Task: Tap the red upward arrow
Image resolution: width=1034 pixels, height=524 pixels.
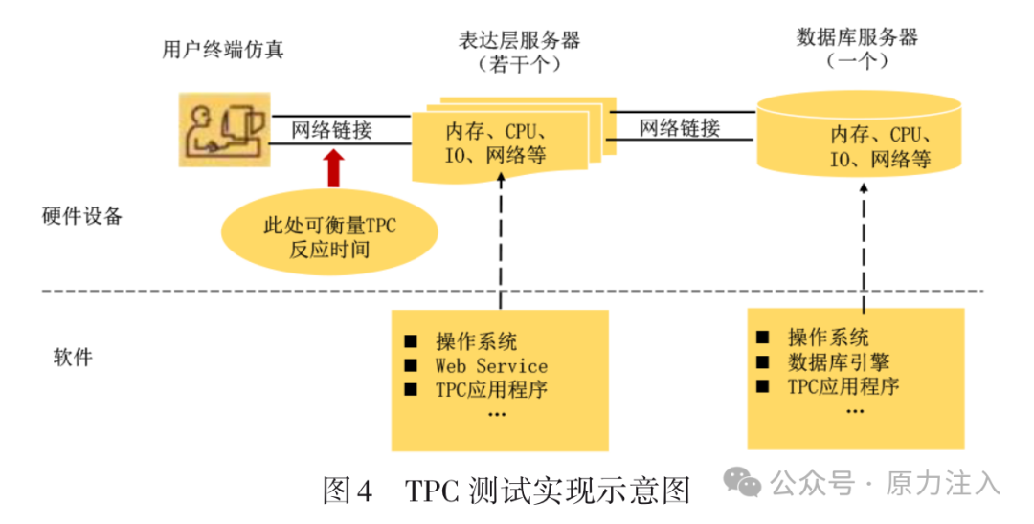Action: tap(333, 168)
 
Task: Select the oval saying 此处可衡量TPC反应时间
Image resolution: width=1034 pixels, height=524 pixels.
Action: tap(329, 232)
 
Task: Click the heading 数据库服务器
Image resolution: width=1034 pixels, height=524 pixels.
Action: tap(857, 37)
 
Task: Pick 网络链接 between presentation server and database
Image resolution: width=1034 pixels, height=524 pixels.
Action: tap(679, 127)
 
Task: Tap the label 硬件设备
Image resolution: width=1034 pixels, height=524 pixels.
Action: tap(83, 216)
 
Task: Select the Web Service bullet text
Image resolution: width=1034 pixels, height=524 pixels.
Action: tap(491, 365)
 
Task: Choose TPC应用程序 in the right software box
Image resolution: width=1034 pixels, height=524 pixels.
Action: tap(843, 386)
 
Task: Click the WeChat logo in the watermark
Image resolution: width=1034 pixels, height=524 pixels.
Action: tap(743, 483)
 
